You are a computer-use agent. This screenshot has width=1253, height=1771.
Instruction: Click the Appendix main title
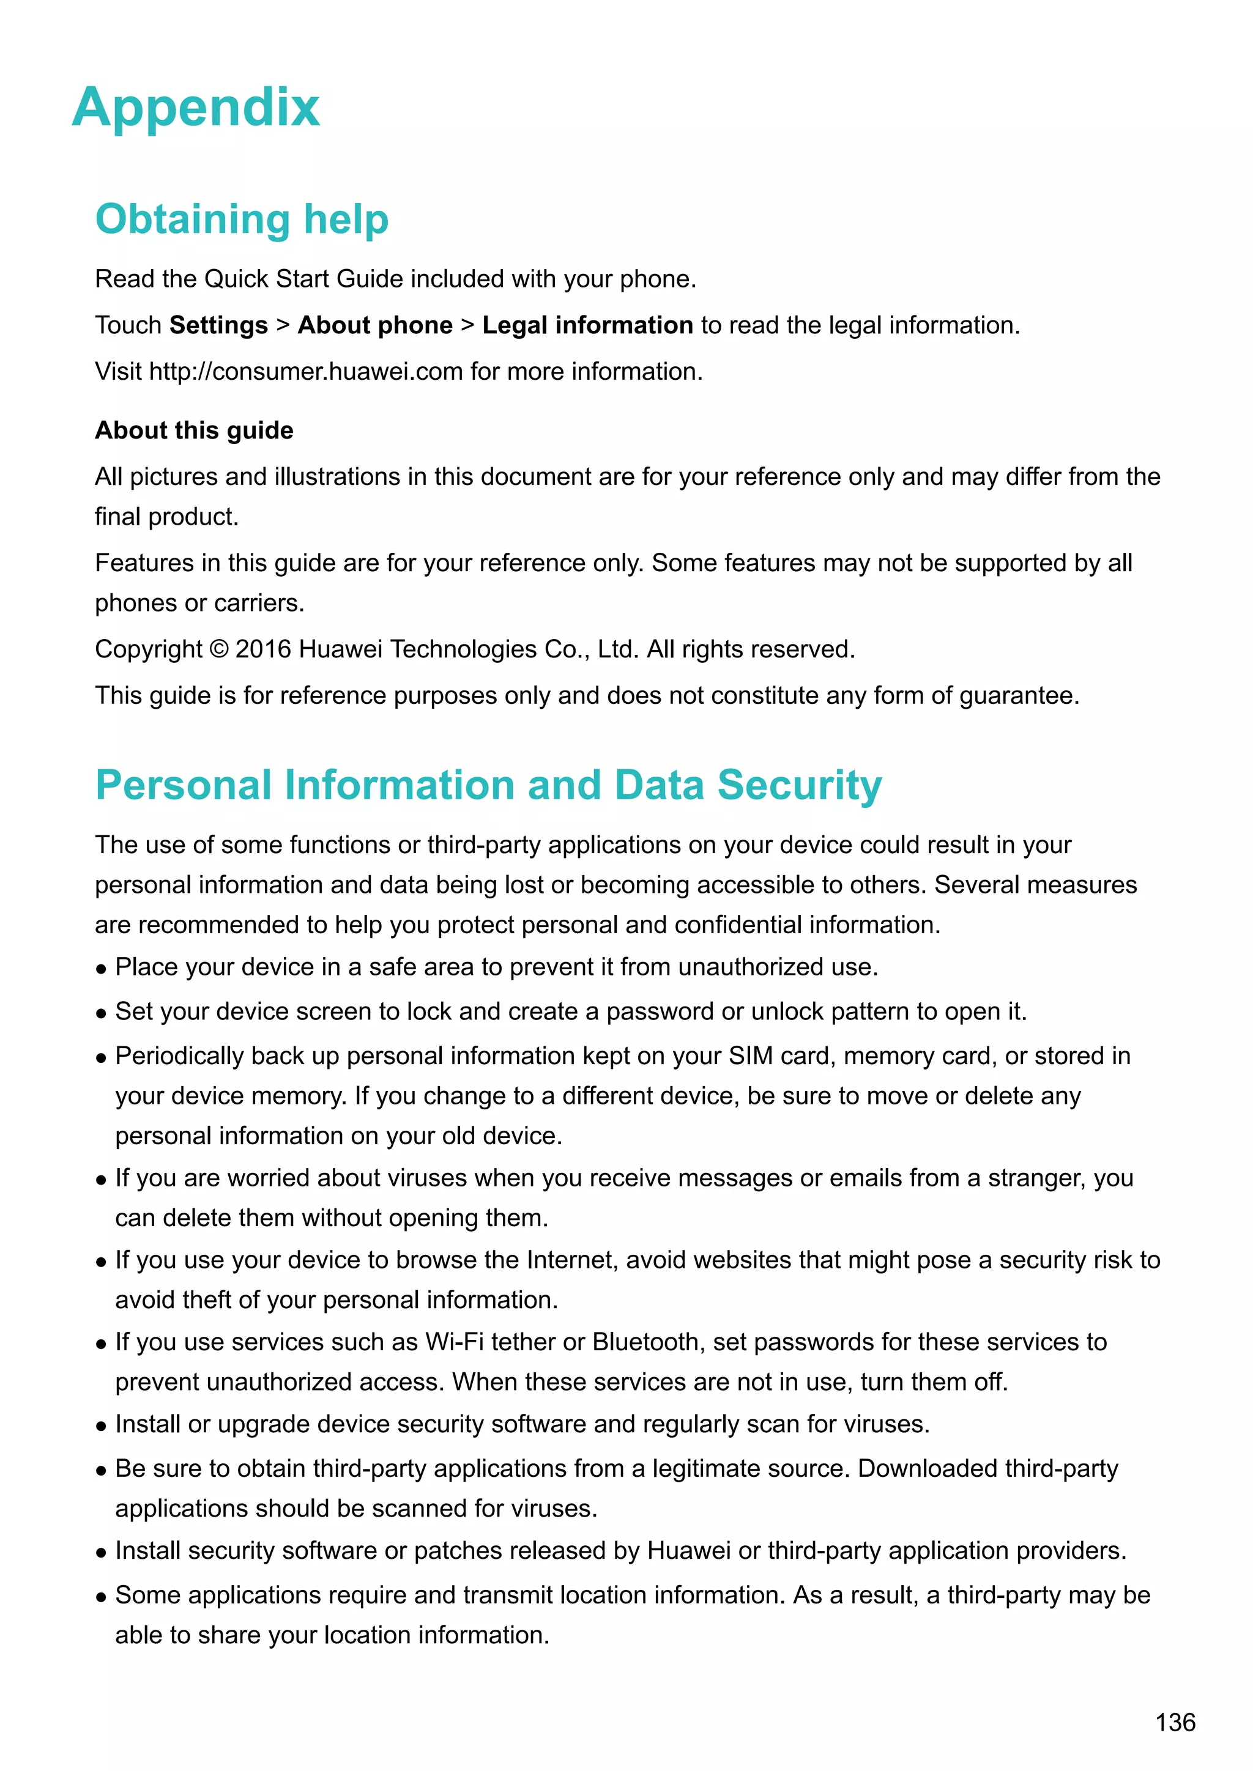[196, 108]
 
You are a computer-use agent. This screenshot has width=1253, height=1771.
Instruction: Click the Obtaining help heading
[242, 219]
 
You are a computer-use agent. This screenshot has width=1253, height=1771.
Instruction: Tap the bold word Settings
[218, 325]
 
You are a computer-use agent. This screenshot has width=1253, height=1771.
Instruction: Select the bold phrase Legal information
[587, 325]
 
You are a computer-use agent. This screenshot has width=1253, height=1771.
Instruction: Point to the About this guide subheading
[195, 431]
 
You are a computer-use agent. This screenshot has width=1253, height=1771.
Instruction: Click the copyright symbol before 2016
[219, 649]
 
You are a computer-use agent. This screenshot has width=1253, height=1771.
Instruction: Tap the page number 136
[1175, 1723]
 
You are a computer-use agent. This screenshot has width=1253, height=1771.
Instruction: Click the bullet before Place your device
[101, 969]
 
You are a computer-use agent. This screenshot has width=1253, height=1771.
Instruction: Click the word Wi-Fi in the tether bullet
[455, 1342]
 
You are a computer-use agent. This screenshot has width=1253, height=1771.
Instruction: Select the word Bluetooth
[645, 1342]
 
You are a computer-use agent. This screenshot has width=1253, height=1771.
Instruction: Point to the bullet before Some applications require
[101, 1597]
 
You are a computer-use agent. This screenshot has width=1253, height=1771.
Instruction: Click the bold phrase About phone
[375, 325]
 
